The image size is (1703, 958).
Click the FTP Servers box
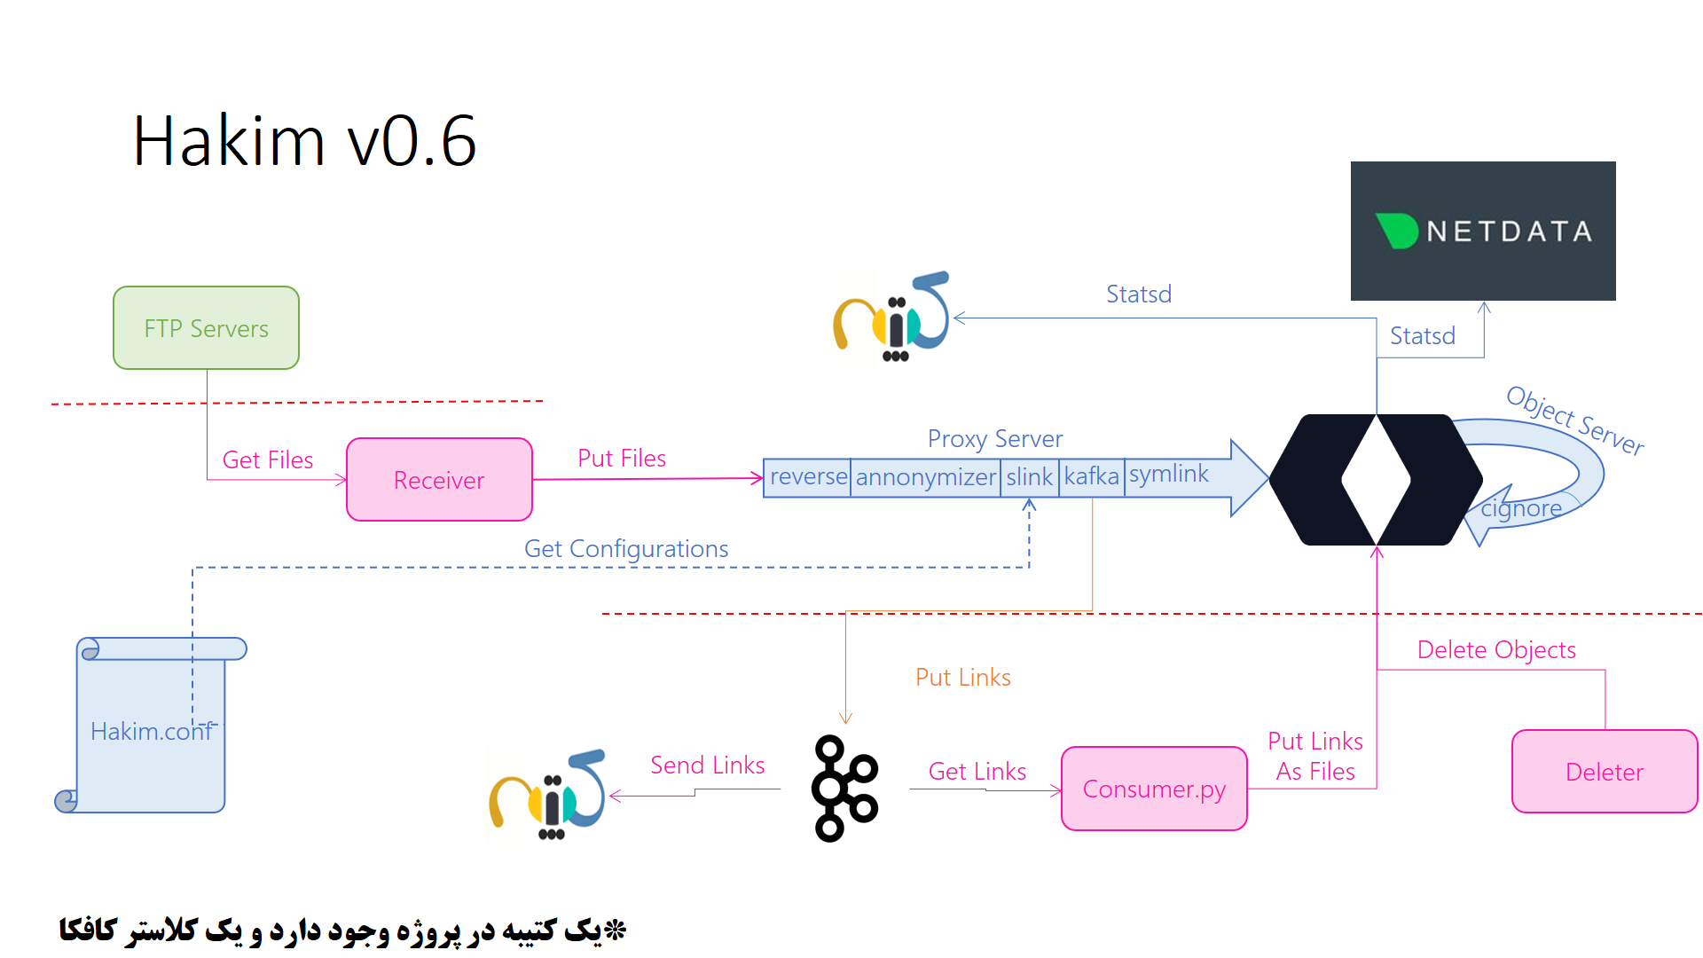pos(206,328)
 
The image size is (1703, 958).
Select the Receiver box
pos(439,480)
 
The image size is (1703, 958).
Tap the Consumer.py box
pos(1154,789)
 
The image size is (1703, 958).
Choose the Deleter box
pos(1604,772)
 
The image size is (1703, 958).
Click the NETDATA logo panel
pos(1482,231)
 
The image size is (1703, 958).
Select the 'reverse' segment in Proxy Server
pos(807,477)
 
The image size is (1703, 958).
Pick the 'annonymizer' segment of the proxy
pos(925,477)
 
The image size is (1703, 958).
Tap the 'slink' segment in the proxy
pos(1029,477)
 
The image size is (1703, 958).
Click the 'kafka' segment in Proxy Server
pos(1091,477)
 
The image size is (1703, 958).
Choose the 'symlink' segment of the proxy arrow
pos(1168,475)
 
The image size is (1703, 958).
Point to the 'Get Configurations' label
pos(626,549)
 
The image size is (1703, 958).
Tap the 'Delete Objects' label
pos(1496,650)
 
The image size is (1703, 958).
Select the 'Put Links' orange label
pos(962,678)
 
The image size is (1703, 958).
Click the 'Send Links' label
pos(707,766)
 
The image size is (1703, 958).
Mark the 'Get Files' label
pos(267,460)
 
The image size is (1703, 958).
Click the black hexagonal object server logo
pos(1375,480)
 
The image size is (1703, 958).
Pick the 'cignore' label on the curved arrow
pos(1521,509)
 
